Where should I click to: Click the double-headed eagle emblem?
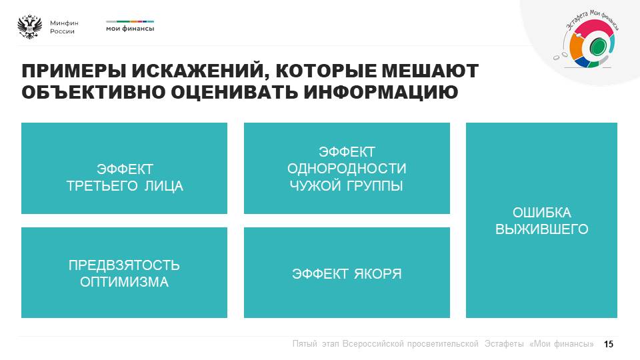30,27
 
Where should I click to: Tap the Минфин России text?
64,27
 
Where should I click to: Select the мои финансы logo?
130,26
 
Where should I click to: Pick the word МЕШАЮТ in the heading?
429,71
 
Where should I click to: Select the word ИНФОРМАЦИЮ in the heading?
381,92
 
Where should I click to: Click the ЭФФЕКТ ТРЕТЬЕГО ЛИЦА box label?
125,177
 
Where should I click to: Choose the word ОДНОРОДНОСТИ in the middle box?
347,169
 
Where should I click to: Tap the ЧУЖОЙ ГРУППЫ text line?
347,186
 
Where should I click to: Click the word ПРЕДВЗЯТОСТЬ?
124,265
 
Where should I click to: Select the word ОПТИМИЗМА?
124,282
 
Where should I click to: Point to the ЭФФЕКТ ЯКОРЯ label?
347,274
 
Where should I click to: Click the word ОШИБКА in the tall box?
541,213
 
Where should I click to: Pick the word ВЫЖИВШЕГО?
541,229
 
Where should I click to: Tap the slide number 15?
609,344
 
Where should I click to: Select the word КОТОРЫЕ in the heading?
325,71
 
